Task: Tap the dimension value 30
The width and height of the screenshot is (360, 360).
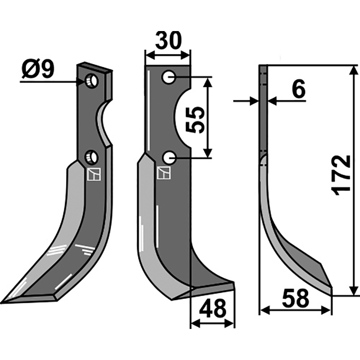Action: (168, 40)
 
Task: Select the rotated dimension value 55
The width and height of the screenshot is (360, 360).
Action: (195, 120)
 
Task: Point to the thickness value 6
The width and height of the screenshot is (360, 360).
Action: (299, 88)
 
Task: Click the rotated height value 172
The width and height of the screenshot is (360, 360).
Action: (342, 175)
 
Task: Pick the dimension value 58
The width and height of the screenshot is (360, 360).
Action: (296, 298)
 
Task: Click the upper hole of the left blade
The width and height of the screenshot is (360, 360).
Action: (92, 81)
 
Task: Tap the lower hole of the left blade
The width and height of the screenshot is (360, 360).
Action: (91, 157)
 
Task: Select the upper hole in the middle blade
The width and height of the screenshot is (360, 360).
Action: (169, 77)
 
